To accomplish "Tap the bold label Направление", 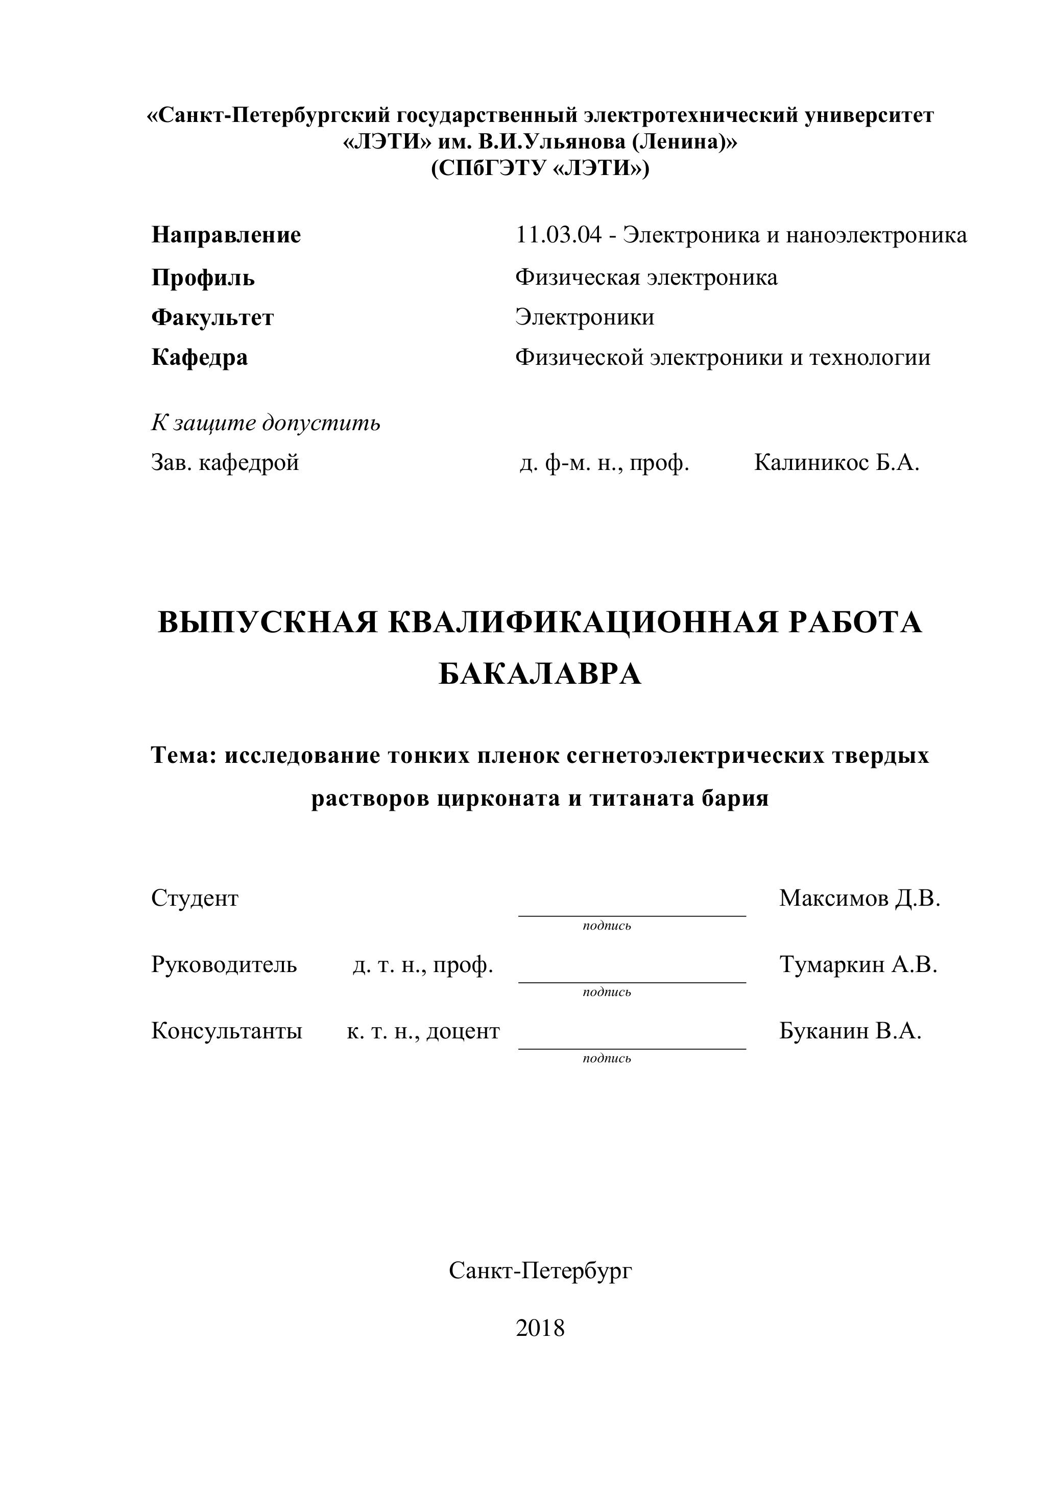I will [x=226, y=235].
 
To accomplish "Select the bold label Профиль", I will [x=203, y=278].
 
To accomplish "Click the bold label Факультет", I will [x=212, y=318].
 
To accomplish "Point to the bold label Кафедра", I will [x=200, y=357].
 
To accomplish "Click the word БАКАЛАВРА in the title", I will [x=540, y=675].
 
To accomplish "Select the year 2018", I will [x=540, y=1328].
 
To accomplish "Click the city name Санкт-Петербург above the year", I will [x=540, y=1271].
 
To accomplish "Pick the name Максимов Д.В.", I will [x=859, y=899].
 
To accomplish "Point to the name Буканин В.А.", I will [x=850, y=1031].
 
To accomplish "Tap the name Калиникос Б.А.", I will [x=836, y=463].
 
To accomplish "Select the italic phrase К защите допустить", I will [x=266, y=423].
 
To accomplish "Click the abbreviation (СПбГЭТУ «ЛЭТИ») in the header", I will [x=540, y=169].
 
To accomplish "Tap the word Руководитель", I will [x=224, y=965].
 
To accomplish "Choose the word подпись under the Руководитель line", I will [x=607, y=992].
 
